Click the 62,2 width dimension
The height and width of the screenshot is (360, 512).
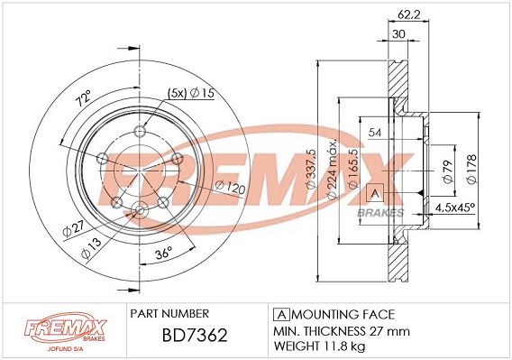point(408,14)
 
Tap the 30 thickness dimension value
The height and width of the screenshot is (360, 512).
point(398,33)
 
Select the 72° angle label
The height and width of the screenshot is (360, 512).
point(84,97)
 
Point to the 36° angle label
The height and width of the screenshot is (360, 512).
point(163,253)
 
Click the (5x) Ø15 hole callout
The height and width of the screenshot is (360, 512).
point(191,94)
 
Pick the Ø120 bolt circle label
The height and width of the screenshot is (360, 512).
point(231,188)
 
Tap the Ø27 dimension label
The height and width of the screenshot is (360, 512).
point(74,228)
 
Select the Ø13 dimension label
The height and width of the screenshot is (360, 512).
point(91,248)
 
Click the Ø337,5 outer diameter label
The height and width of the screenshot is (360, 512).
point(311,169)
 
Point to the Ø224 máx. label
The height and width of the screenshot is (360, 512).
point(332,170)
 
